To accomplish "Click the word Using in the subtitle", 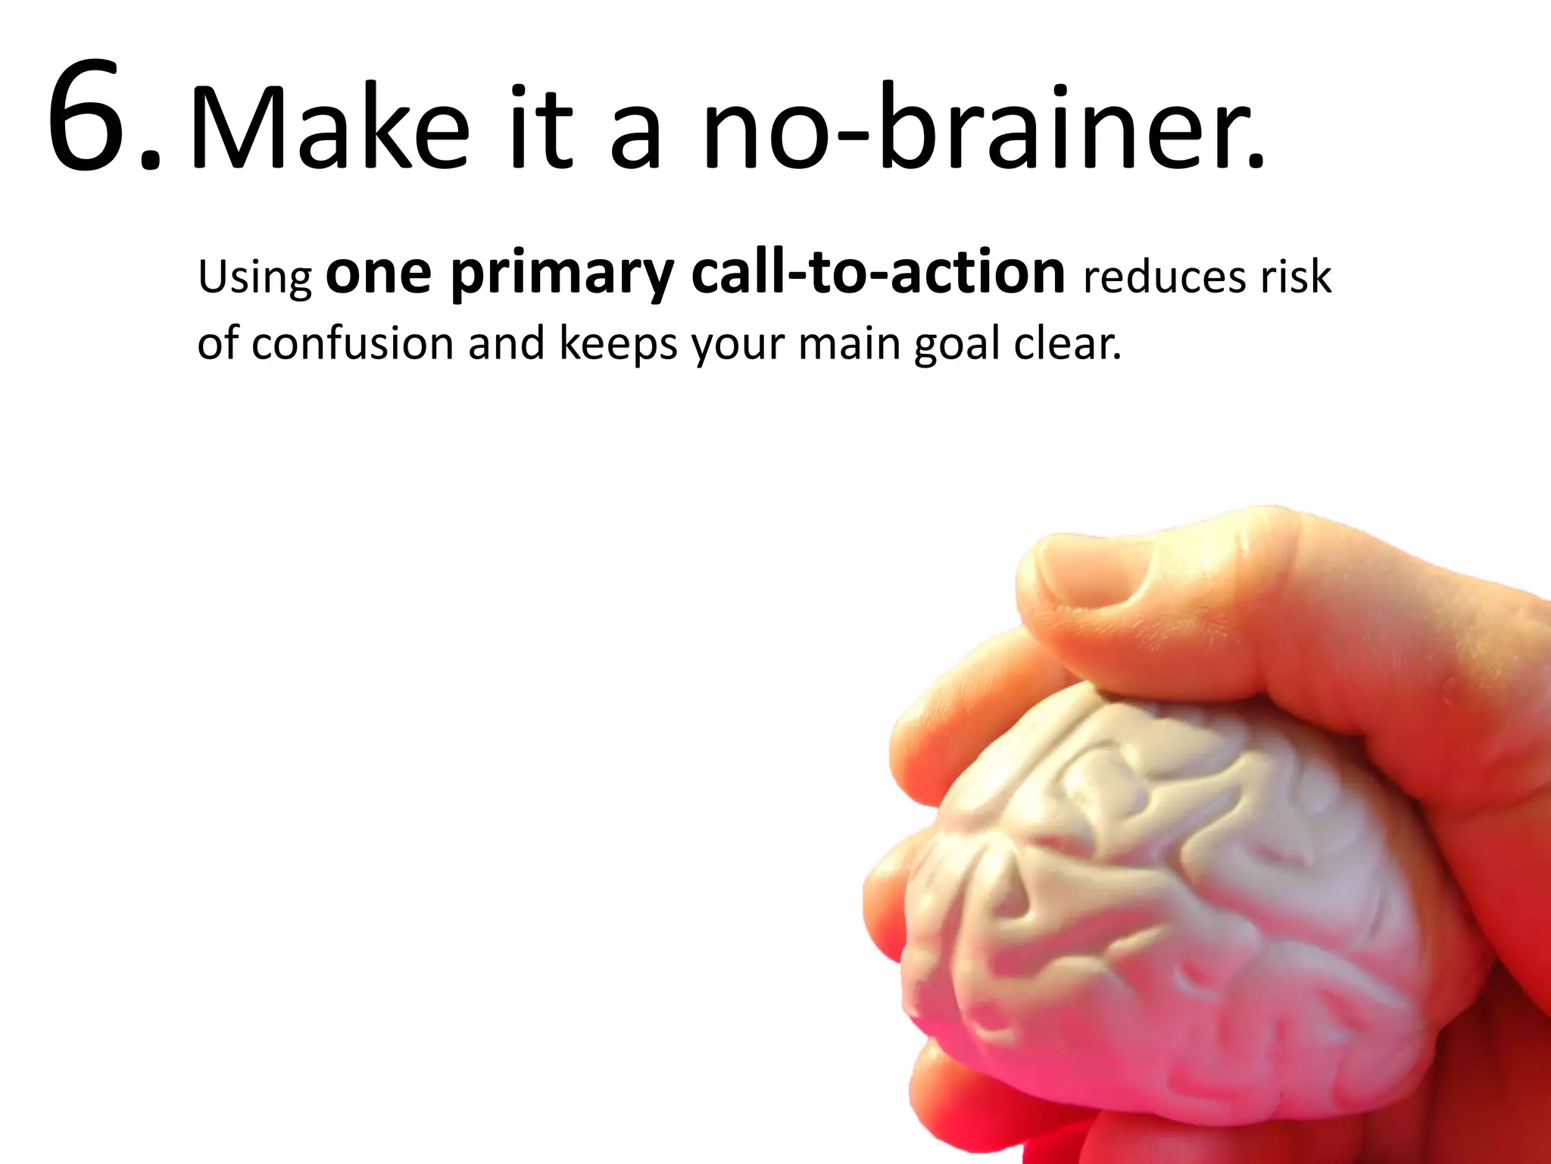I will (x=254, y=278).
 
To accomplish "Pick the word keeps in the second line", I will (x=618, y=345).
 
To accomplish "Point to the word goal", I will (x=957, y=345).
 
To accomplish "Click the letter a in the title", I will (x=636, y=136).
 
